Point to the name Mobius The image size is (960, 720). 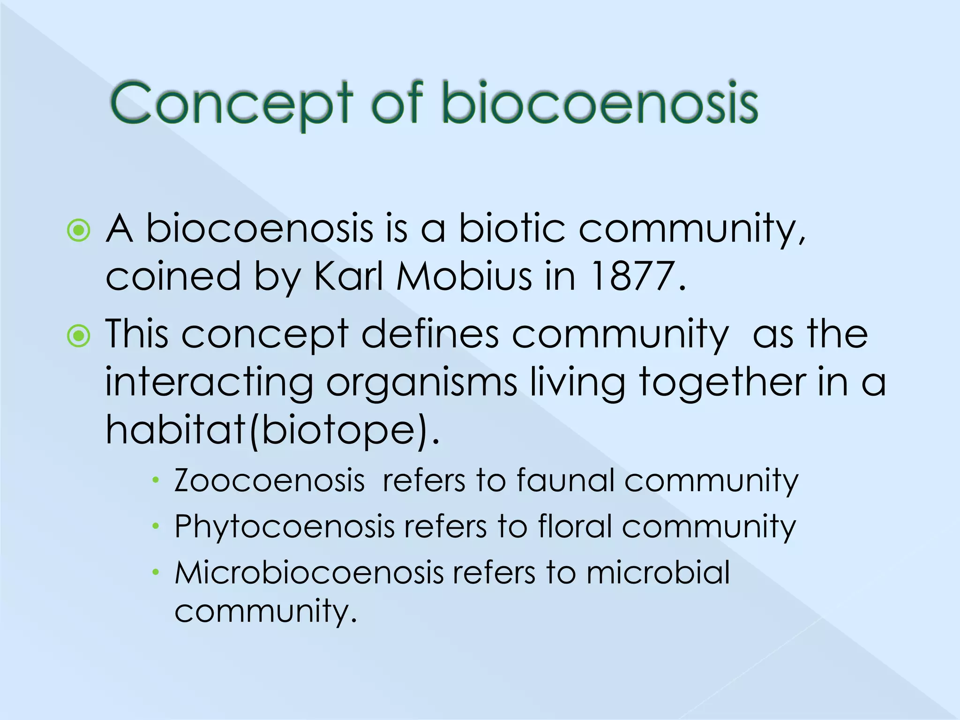464,277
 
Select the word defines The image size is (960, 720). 429,335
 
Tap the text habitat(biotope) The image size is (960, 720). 272,430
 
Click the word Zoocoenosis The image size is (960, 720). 269,481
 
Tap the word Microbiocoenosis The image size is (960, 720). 309,573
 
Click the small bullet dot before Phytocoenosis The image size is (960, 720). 156,526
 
